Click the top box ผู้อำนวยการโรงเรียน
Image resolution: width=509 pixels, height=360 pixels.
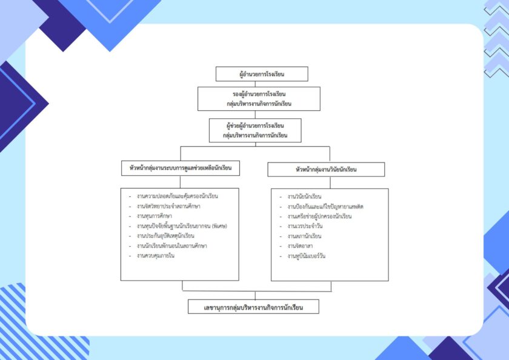[262, 74]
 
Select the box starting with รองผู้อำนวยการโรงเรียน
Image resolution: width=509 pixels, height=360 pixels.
[259, 99]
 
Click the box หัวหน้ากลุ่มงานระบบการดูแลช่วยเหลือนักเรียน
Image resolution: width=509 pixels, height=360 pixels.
[180, 168]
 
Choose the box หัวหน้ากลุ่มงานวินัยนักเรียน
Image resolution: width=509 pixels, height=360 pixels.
[326, 169]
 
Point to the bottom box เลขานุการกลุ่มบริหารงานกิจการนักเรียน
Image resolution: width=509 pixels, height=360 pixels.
[253, 307]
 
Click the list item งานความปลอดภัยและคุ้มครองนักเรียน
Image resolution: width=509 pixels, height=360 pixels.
[178, 196]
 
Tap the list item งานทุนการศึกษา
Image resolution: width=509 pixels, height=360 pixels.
[155, 216]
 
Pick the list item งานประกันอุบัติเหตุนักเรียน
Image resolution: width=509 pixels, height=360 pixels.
[166, 235]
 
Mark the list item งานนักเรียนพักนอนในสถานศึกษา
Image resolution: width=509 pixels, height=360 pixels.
[172, 245]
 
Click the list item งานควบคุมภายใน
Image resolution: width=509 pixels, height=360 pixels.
[156, 255]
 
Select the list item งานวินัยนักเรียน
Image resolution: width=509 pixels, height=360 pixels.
[304, 197]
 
